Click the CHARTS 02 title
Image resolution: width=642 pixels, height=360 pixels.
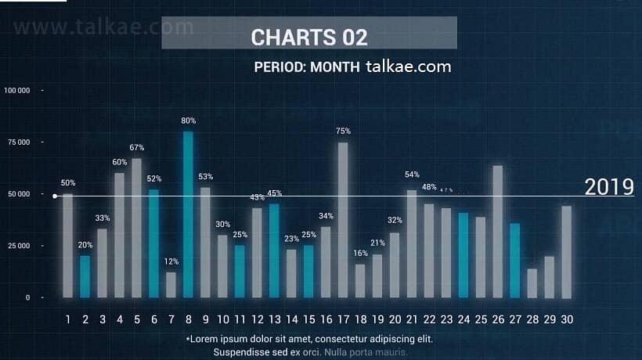click(309, 37)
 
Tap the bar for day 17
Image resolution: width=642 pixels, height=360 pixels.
click(343, 219)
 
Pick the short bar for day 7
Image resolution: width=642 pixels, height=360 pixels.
click(171, 284)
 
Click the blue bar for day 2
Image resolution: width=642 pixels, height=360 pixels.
click(85, 276)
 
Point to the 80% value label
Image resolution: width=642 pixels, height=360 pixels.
click(188, 121)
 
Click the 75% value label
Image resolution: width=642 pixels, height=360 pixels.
click(343, 131)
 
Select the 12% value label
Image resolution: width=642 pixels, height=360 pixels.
click(171, 261)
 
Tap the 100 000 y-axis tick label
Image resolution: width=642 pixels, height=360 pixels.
click(17, 91)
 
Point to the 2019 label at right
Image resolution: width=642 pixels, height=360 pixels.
click(609, 187)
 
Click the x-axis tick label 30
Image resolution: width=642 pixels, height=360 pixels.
click(566, 319)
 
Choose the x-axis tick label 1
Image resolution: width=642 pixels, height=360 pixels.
click(68, 319)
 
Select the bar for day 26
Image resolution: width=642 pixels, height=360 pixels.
click(497, 231)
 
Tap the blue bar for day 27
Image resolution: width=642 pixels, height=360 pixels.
click(514, 260)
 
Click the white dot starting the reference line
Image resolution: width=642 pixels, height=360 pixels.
click(54, 196)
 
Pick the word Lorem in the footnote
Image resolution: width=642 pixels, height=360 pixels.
click(205, 339)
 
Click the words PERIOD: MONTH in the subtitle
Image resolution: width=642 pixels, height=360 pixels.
click(307, 67)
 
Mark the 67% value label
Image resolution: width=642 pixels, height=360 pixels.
click(136, 147)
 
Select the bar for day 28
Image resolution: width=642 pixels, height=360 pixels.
click(532, 283)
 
